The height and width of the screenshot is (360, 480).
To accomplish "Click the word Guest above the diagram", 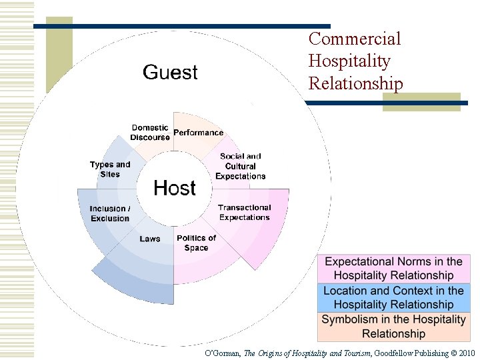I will pos(170,72).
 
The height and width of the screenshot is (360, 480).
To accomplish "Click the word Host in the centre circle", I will pos(175,188).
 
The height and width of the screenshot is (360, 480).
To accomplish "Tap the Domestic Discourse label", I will pos(150,133).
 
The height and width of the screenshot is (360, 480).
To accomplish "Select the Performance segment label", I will pos(198,133).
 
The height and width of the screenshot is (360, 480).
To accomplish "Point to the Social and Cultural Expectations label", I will pos(241,166).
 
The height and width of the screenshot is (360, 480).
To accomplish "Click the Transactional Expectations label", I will pos(245,213).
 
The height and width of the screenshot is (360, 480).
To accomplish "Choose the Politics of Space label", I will pos(196,243).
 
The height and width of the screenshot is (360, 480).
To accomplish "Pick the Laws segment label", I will pos(150,239).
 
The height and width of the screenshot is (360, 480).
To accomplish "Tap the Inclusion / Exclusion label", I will pos(110,213).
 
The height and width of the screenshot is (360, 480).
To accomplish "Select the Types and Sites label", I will pos(110,169).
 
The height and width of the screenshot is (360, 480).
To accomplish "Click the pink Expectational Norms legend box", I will pos(393,269).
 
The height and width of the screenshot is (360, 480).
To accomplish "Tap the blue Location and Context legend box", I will pos(393,297).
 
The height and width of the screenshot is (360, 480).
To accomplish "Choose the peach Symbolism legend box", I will pos(393,327).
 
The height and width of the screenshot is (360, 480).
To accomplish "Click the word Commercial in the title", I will pos(355,39).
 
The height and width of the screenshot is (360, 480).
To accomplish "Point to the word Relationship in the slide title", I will pos(355,84).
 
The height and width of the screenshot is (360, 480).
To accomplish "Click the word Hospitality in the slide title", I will pos(349,61).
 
